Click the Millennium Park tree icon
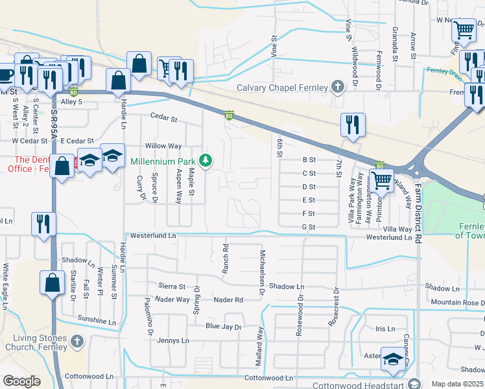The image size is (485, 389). click(x=206, y=160)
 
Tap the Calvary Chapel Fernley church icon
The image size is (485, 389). click(x=337, y=87)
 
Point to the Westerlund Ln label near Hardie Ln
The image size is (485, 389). click(x=153, y=237)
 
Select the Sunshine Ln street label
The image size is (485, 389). click(x=97, y=320)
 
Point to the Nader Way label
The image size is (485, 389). click(x=172, y=300)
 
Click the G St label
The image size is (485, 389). click(x=308, y=227)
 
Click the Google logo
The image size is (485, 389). click(x=21, y=381)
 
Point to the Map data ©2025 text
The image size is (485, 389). click(x=456, y=384)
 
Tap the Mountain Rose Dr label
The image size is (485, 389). click(x=457, y=303)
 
